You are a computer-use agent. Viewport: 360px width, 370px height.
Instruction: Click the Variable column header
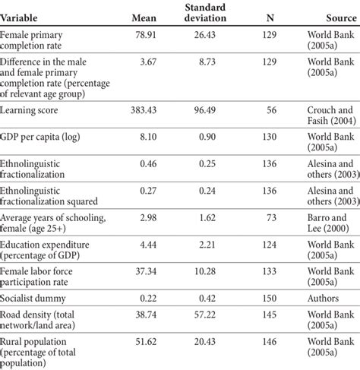coord(19,18)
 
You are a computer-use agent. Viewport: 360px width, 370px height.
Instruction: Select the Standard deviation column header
coord(205,13)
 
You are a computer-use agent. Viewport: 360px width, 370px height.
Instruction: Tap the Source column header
coord(341,18)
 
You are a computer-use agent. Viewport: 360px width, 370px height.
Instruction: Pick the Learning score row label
coord(29,110)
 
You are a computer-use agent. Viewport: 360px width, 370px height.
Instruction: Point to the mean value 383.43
coord(144,110)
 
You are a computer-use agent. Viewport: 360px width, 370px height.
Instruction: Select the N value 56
coord(271,110)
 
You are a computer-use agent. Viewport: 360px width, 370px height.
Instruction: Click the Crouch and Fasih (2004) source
coord(332,115)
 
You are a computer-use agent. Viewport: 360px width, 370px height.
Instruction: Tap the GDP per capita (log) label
coord(40,137)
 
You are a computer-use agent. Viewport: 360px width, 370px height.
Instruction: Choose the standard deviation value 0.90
coord(207,137)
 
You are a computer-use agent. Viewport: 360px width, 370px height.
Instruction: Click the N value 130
coord(270,137)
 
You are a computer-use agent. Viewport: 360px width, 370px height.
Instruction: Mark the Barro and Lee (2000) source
coord(328,223)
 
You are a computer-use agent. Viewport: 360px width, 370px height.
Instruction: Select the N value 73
coord(271,218)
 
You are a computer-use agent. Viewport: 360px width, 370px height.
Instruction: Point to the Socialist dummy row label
coord(33,299)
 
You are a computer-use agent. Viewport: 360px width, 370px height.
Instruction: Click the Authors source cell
coord(323,299)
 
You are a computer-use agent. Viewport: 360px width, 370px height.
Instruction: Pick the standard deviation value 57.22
coord(205,315)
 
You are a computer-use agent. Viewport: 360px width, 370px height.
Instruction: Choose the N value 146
coord(270,342)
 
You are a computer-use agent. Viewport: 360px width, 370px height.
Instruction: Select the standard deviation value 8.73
coord(207,62)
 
